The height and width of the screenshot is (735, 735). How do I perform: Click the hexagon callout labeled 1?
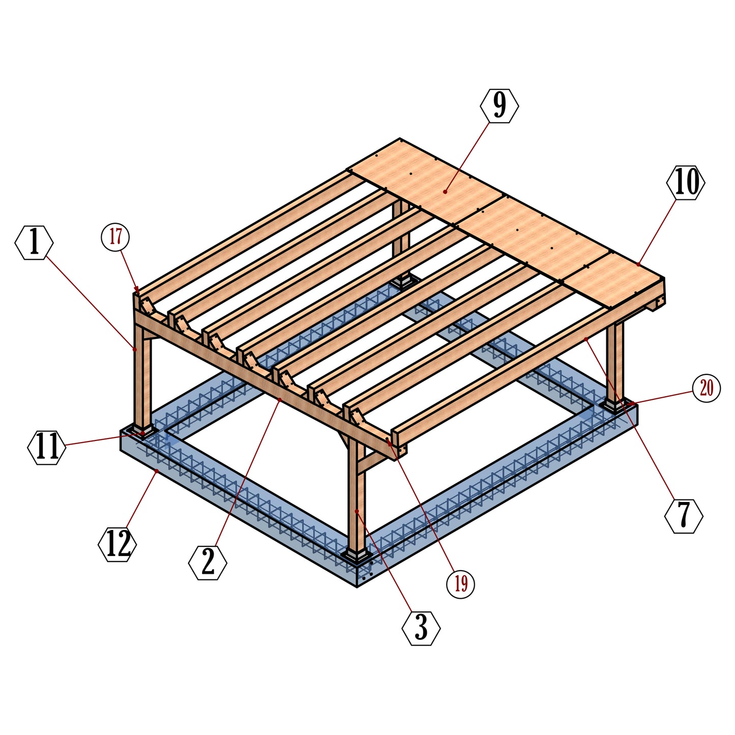(34, 243)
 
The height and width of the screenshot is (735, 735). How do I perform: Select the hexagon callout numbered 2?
(208, 563)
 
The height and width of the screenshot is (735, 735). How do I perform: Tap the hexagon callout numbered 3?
(421, 629)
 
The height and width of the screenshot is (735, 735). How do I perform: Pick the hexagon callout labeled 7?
(684, 516)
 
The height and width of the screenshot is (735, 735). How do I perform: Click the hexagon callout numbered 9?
(499, 106)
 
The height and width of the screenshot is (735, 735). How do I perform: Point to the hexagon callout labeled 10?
(686, 183)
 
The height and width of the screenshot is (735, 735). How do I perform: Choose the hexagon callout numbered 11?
(47, 447)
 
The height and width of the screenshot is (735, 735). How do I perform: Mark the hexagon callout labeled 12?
(117, 545)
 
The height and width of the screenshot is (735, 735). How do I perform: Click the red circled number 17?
(115, 237)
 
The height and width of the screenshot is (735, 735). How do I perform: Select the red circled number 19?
(460, 584)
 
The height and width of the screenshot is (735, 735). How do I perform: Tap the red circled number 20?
(707, 389)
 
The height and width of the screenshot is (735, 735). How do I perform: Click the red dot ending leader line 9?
(445, 192)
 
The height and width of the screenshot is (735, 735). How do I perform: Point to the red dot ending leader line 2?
(280, 400)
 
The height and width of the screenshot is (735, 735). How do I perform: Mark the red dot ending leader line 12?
(157, 472)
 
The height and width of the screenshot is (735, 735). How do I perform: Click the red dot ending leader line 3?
(357, 511)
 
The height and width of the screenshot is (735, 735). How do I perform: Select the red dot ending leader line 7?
(586, 338)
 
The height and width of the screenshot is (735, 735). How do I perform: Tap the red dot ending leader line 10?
(638, 264)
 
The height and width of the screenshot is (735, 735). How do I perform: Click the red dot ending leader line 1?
(135, 349)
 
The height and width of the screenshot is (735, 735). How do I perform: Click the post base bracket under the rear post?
(405, 281)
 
